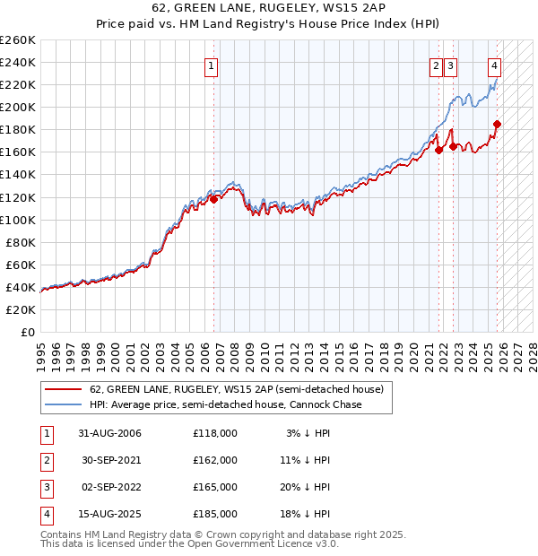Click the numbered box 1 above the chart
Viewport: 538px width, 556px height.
click(x=211, y=65)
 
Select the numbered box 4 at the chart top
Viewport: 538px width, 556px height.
click(x=495, y=65)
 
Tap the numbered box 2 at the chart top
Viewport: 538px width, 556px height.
click(x=436, y=65)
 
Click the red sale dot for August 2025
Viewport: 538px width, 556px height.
click(x=498, y=125)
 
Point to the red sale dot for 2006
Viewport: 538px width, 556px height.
click(x=214, y=199)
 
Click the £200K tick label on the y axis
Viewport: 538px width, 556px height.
click(x=18, y=107)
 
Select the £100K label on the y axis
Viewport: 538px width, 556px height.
click(x=18, y=220)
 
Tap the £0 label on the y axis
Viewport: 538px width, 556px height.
click(x=27, y=332)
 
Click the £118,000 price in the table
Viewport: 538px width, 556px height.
click(x=215, y=433)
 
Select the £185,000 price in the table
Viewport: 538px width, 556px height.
click(x=215, y=514)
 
